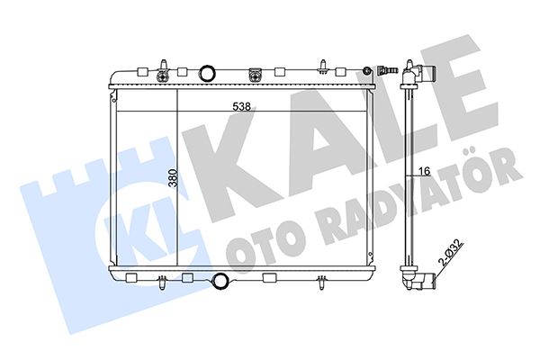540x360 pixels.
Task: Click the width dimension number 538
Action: click(x=240, y=105)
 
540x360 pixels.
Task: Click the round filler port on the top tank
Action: click(x=209, y=72)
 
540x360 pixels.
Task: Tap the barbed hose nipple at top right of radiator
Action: click(x=390, y=70)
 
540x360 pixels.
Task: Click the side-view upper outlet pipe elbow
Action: click(x=418, y=74)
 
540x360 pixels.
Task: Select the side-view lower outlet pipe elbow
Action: click(x=420, y=281)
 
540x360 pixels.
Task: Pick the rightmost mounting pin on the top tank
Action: click(x=323, y=64)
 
